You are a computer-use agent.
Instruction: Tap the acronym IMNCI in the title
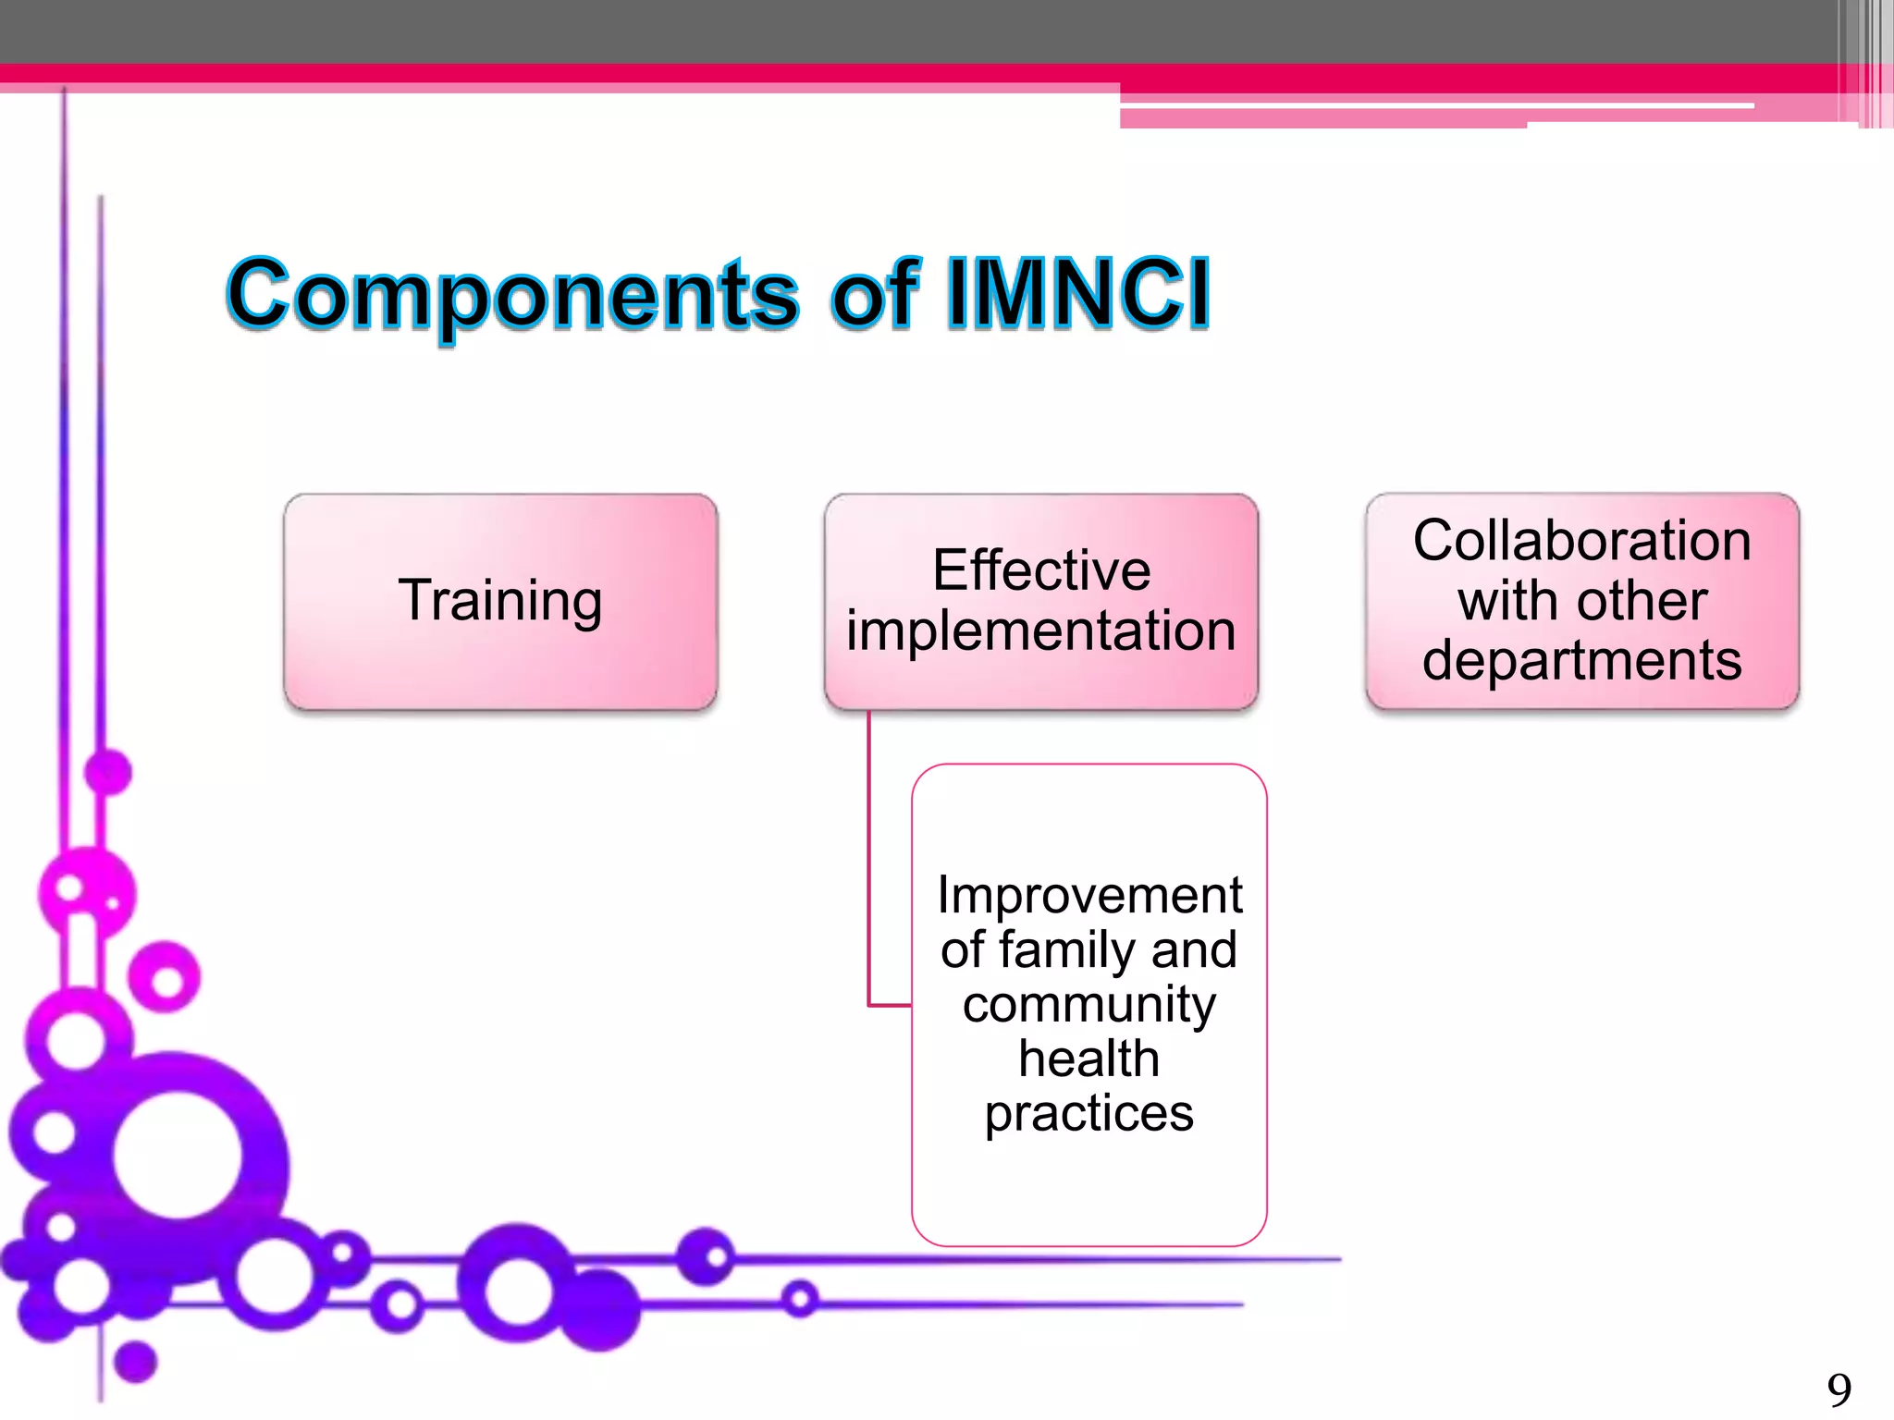coord(1077,294)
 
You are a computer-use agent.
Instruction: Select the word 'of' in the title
coord(874,294)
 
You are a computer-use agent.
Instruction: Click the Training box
coord(500,602)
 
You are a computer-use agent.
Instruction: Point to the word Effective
coord(1041,570)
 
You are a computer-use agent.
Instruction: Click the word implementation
coord(1041,631)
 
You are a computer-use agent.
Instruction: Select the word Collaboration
coord(1581,541)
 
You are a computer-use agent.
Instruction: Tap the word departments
coord(1581,661)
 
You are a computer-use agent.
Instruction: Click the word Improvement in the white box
coord(1089,895)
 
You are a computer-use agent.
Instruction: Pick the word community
coord(1089,1005)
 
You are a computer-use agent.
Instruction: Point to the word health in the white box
coord(1089,1059)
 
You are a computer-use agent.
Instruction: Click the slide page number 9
coord(1839,1390)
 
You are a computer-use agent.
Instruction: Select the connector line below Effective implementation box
coord(869,860)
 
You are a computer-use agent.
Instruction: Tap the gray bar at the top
coord(832,31)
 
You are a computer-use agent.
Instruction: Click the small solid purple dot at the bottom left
coord(136,1361)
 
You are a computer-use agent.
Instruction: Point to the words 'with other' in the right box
coord(1581,602)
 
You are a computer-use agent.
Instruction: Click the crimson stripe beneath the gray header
coord(832,73)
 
